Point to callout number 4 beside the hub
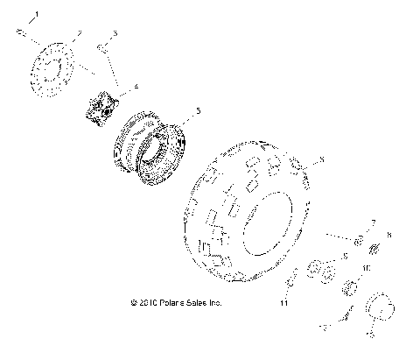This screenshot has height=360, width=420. [136, 86]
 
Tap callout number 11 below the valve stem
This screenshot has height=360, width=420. [284, 302]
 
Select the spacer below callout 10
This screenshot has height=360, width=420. [352, 288]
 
